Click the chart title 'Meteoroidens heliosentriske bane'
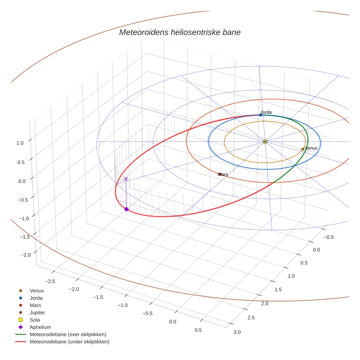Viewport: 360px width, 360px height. pyautogui.click(x=180, y=32)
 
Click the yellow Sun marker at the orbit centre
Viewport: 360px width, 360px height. pyautogui.click(x=265, y=141)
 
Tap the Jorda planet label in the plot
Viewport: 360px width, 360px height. pyautogui.click(x=266, y=112)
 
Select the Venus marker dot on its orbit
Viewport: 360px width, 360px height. pyautogui.click(x=303, y=149)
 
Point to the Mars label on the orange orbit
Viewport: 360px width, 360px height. pyautogui.click(x=223, y=175)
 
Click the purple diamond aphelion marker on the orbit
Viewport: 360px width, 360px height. pyautogui.click(x=126, y=209)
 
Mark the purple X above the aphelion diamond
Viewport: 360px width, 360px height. pyautogui.click(x=126, y=179)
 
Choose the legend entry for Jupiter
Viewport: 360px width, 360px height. pyautogui.click(x=37, y=312)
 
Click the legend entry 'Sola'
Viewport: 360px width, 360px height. pyautogui.click(x=35, y=320)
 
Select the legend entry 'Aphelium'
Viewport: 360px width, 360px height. pyautogui.click(x=40, y=327)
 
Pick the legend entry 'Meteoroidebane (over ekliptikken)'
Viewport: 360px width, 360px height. pyautogui.click(x=68, y=334)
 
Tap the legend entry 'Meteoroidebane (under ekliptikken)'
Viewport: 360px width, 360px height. pyautogui.click(x=69, y=342)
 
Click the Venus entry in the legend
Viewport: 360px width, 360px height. pyautogui.click(x=37, y=290)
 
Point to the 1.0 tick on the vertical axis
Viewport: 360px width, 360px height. pyautogui.click(x=20, y=143)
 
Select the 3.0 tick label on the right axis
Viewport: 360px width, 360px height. pyautogui.click(x=237, y=332)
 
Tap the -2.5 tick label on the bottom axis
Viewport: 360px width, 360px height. pyautogui.click(x=50, y=281)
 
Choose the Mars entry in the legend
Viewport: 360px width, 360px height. pyautogui.click(x=35, y=305)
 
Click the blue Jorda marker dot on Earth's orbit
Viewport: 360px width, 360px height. pyautogui.click(x=260, y=115)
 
